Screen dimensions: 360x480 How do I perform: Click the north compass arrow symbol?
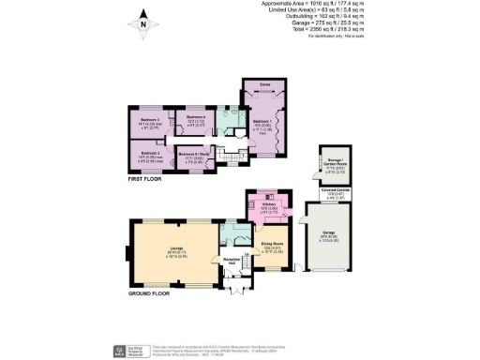point(142,19)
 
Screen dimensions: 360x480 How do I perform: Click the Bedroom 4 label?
point(194,118)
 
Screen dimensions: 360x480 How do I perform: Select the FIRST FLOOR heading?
point(145,176)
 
